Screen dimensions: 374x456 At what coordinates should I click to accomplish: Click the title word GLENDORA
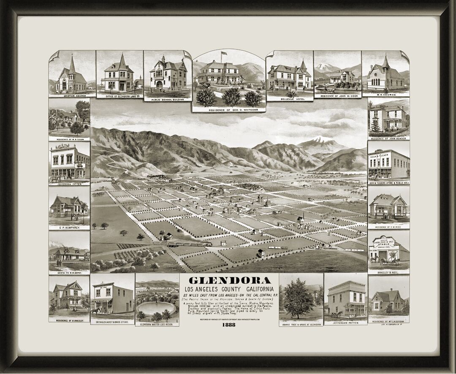click(230, 280)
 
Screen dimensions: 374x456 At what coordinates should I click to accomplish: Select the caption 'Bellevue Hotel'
click(289, 99)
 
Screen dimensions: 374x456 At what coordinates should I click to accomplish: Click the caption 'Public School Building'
click(167, 100)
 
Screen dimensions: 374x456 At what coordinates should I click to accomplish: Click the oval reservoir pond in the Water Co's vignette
click(156, 307)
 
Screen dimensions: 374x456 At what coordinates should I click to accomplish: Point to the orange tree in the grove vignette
click(298, 298)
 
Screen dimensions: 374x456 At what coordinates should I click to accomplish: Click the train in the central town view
click(186, 244)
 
